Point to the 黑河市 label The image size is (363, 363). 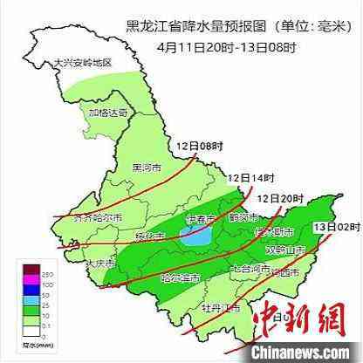coord(147,168)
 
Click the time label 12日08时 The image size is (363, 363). coord(194,145)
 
